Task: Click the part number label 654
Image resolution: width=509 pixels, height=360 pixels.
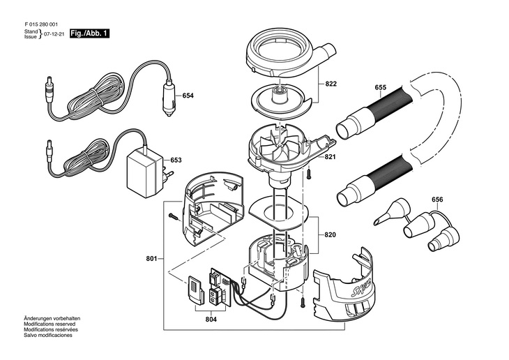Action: pos(188,96)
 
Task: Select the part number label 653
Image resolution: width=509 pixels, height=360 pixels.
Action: pos(176,160)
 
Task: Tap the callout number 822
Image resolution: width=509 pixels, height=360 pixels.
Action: pos(331,84)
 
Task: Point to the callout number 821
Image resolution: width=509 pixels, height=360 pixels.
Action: pos(330,157)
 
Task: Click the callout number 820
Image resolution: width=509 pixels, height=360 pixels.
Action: pos(330,234)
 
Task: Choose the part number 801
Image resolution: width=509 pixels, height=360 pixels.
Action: pos(151,259)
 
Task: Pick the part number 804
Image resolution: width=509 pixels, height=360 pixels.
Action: pos(211,320)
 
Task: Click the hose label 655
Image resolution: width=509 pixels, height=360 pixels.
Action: pos(381,87)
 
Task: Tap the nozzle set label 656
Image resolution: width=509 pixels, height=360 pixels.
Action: pos(437,199)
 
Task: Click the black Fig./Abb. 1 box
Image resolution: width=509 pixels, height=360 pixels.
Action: pos(89,33)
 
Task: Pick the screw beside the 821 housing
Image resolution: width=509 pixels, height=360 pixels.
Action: pos(309,174)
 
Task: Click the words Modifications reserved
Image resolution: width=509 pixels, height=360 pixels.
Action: pos(50,324)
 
